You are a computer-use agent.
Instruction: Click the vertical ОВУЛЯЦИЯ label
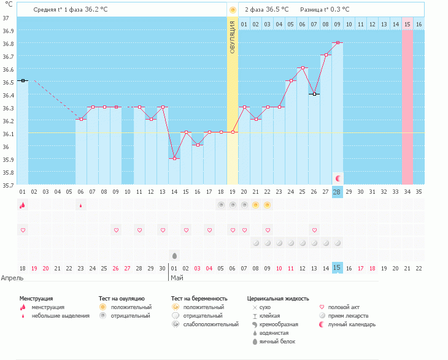click(x=233, y=37)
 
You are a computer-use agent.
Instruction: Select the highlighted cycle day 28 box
click(x=337, y=192)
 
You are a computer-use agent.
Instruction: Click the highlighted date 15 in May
click(x=337, y=268)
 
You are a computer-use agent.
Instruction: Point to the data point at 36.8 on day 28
click(x=338, y=42)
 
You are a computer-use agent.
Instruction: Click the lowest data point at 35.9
click(x=175, y=159)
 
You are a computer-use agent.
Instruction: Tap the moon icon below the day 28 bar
click(x=338, y=178)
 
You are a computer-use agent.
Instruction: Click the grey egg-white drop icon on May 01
click(x=175, y=255)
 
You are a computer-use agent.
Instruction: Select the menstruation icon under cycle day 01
click(x=23, y=205)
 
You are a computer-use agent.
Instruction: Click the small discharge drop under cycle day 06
click(x=81, y=206)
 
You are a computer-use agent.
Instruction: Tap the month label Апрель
click(x=12, y=277)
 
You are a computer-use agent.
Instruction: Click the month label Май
click(x=177, y=277)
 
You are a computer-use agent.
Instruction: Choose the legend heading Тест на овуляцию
click(x=122, y=298)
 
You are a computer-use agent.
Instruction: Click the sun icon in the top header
click(x=233, y=10)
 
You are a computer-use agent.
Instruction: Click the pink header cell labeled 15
click(x=407, y=24)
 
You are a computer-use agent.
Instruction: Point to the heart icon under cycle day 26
click(x=314, y=230)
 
